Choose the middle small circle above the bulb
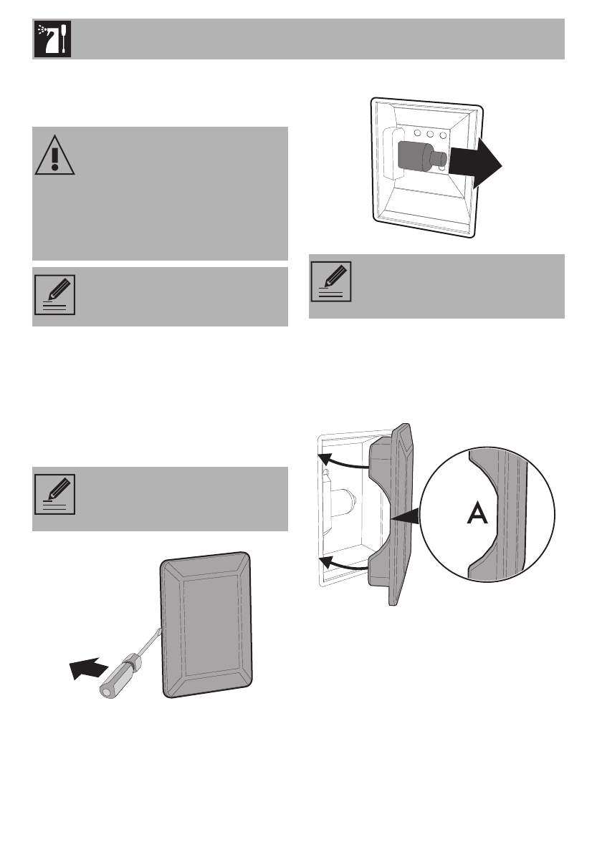tap(430, 134)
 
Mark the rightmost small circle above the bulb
tap(443, 134)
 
